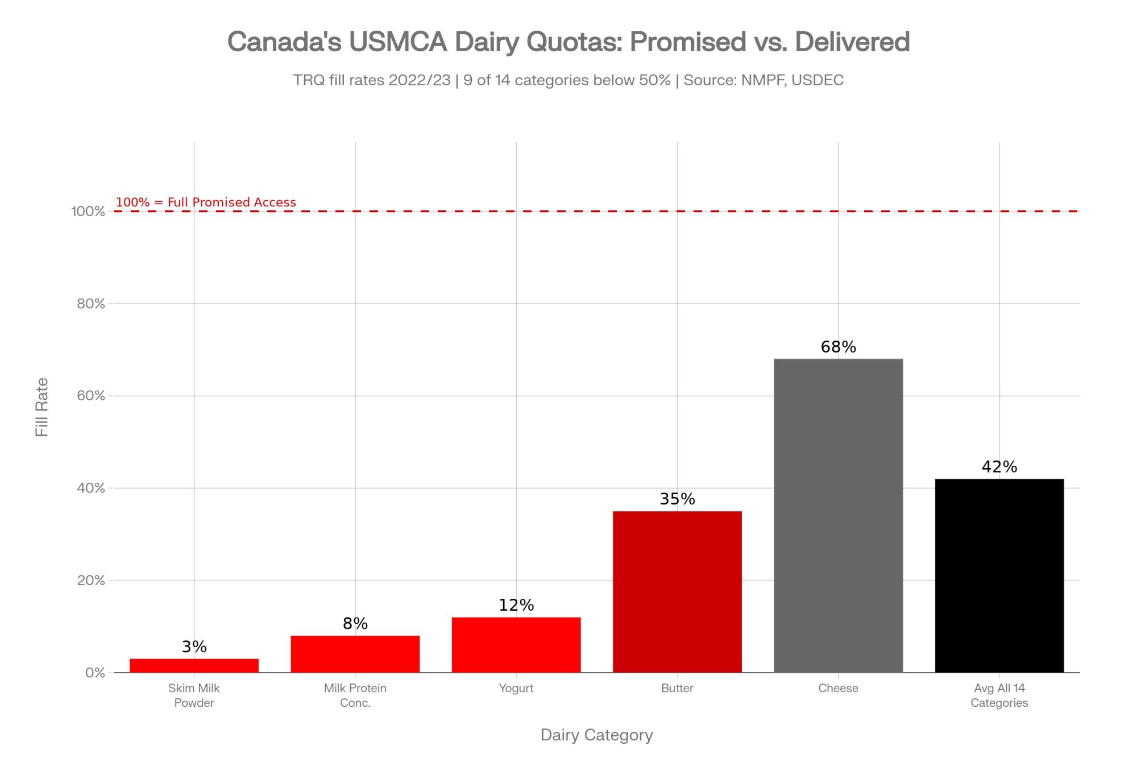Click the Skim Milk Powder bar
pos(194,665)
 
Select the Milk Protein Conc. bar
pos(355,654)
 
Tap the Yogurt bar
pos(516,645)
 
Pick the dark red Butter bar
pos(677,591)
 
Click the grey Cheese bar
pos(838,515)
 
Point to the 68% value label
pos(838,347)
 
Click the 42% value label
pos(999,467)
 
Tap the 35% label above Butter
pos(677,499)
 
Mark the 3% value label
pos(194,647)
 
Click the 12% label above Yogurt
pos(516,605)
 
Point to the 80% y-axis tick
pos(91,304)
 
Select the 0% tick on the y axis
pos(95,673)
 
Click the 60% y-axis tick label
pos(91,396)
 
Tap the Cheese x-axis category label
pos(838,688)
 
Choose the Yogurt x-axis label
pos(516,688)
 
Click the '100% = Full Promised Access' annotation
pos(206,202)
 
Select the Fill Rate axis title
pos(42,407)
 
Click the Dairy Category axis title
pos(596,735)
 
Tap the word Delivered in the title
pos(852,42)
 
